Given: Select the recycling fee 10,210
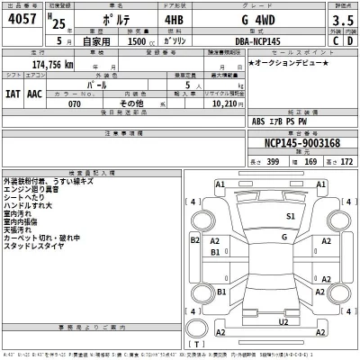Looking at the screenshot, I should [x=221, y=103].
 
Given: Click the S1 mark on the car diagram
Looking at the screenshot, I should [x=291, y=217].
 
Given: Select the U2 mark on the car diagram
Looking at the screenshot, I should [x=283, y=321].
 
